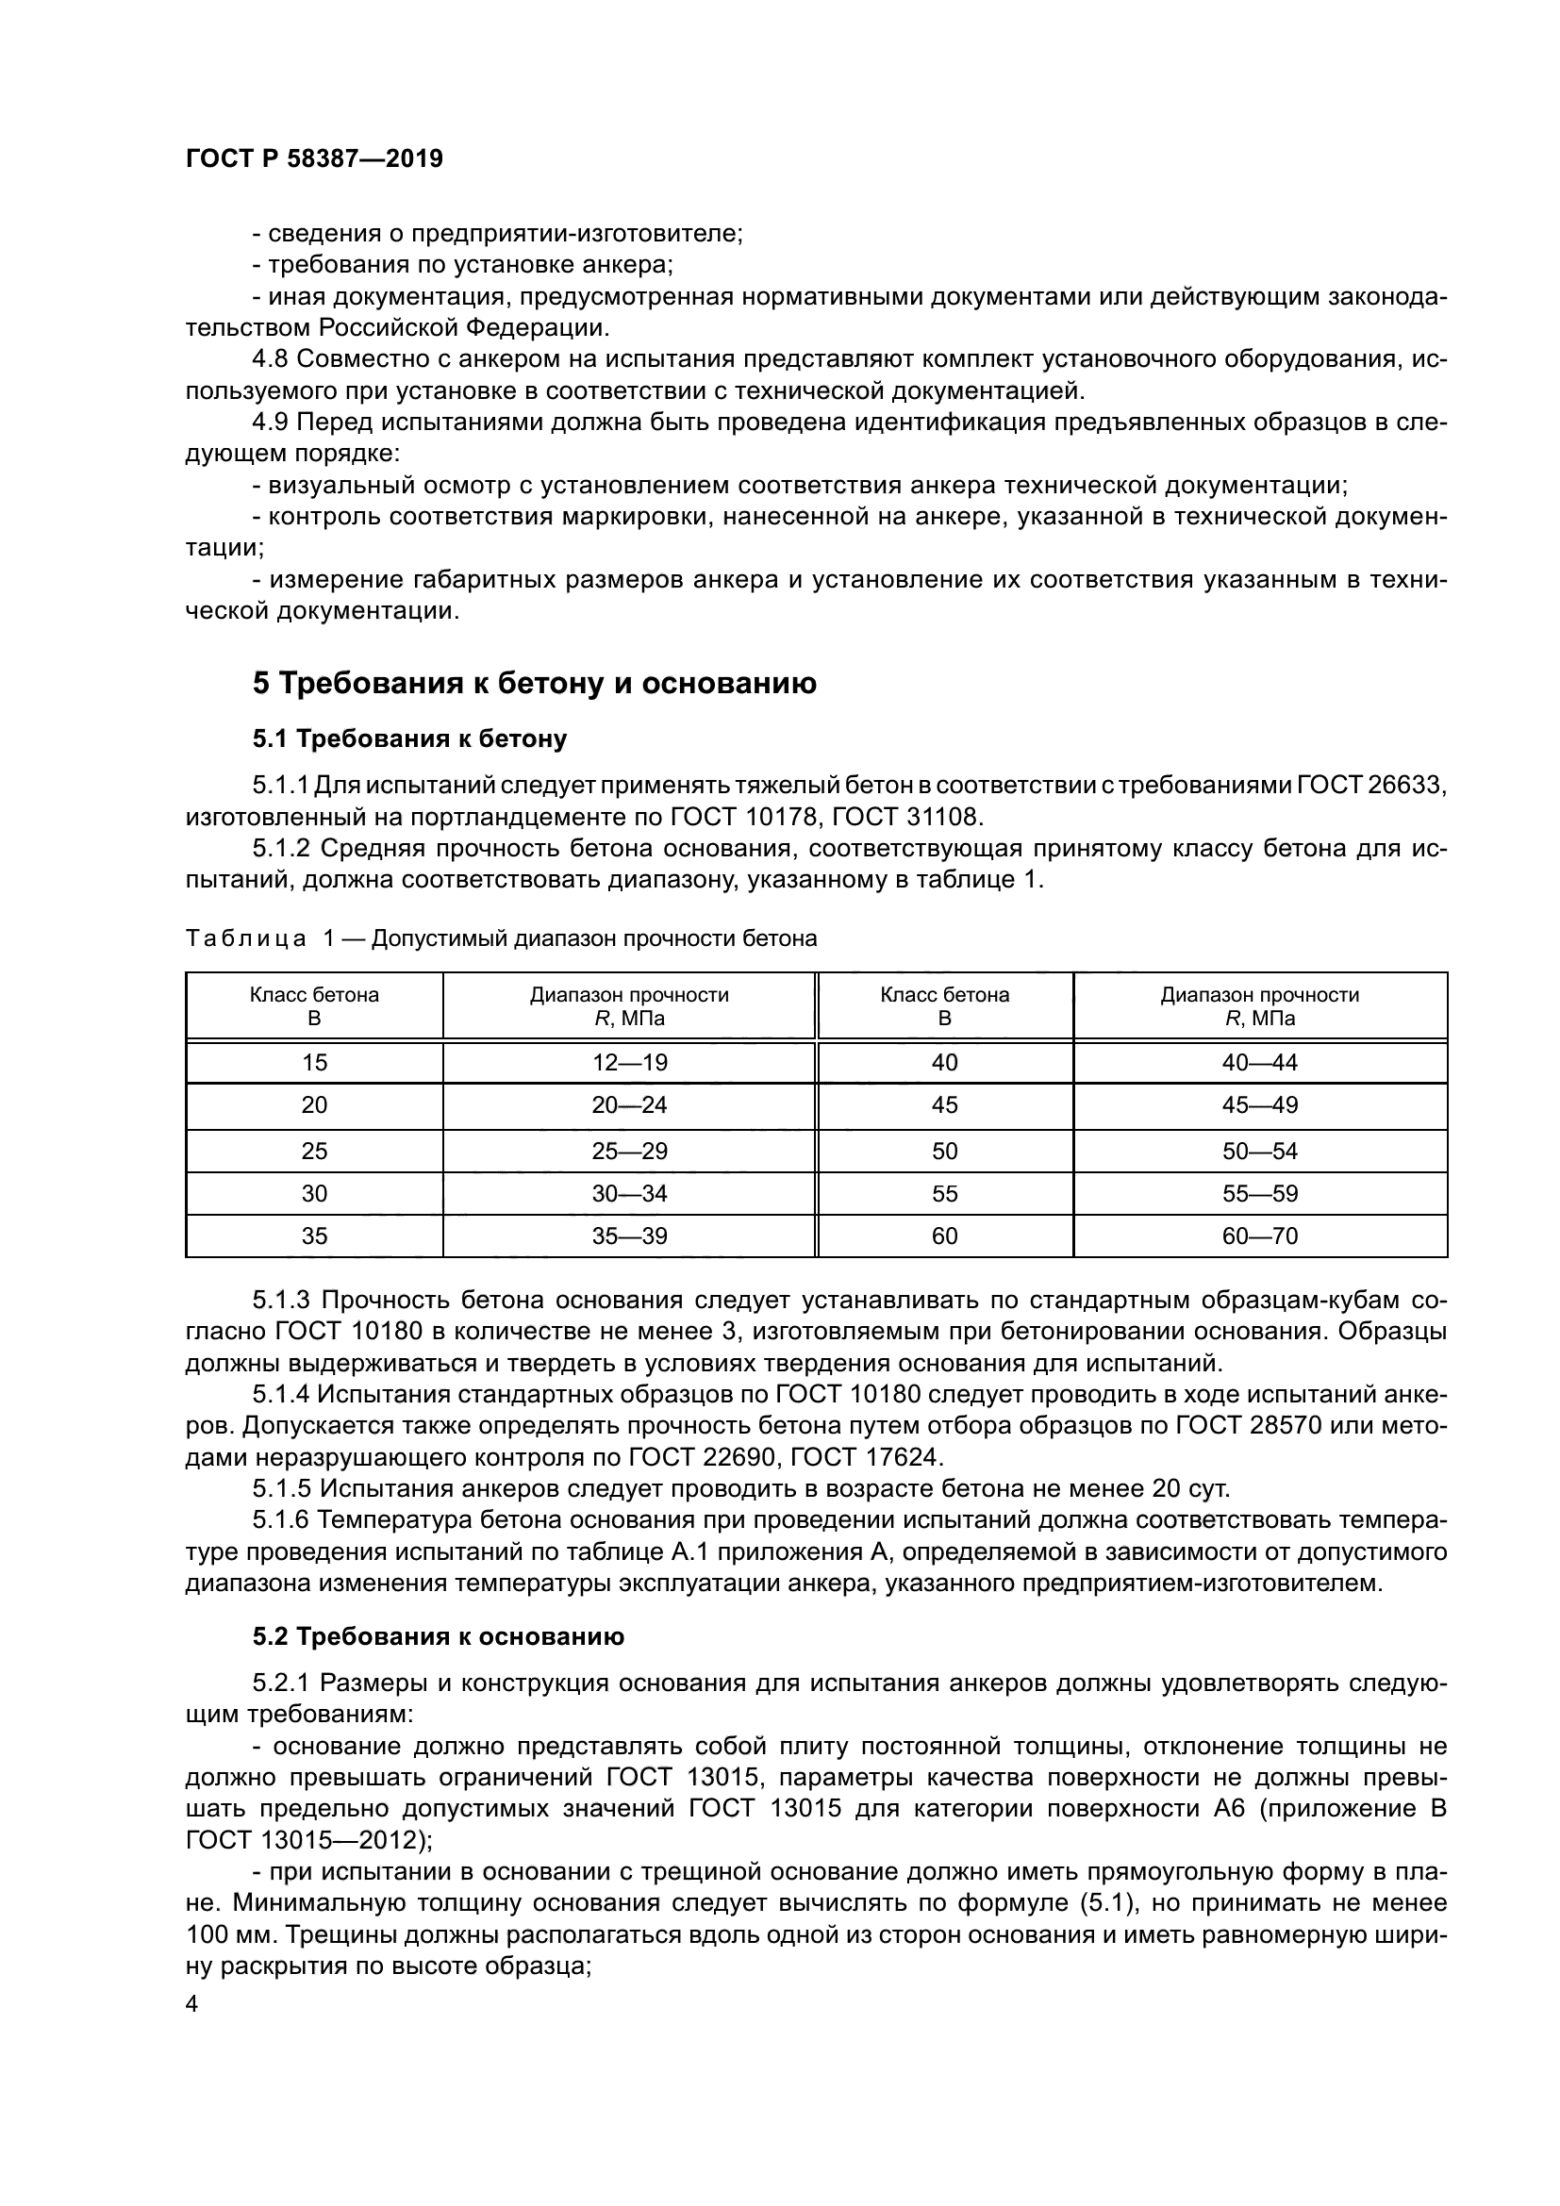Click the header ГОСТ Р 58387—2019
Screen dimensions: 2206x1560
(314, 158)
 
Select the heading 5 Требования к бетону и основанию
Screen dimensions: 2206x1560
(534, 683)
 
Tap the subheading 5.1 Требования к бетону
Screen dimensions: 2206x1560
(409, 738)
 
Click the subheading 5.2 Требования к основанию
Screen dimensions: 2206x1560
(438, 1636)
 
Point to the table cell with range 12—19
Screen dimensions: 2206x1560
(629, 1062)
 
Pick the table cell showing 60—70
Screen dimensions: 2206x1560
(1259, 1236)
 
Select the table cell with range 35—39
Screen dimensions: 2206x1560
(629, 1236)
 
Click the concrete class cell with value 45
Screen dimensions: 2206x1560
(944, 1105)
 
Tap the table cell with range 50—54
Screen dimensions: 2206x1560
(1259, 1150)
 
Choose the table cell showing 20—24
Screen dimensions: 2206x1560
(629, 1105)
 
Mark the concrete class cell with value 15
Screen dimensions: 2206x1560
(314, 1062)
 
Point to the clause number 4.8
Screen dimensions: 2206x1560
(270, 359)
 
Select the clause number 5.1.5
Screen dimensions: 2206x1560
(281, 1489)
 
